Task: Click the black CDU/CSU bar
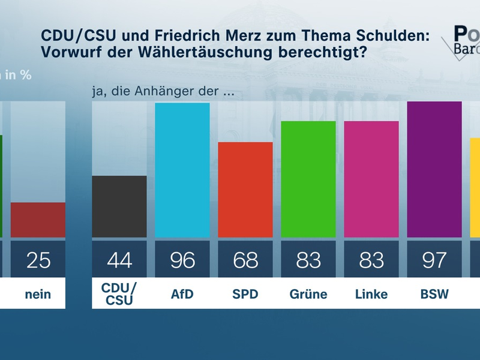tap(119, 206)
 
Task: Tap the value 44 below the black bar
tap(119, 260)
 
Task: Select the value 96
tap(182, 260)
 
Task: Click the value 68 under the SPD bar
tap(245, 260)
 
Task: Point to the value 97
tap(434, 260)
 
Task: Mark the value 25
tap(38, 260)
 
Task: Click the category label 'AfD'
tap(182, 294)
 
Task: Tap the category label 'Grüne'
tap(308, 294)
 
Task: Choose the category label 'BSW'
tap(434, 294)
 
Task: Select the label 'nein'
tap(38, 295)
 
